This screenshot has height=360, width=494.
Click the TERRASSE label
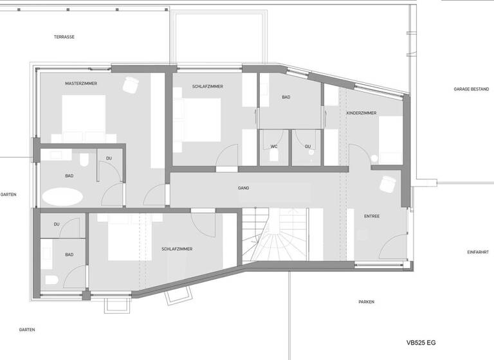(64, 37)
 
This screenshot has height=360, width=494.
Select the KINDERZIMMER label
(361, 113)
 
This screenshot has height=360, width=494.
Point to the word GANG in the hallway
(243, 188)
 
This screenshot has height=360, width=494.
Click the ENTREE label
(372, 216)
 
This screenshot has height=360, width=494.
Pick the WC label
(274, 147)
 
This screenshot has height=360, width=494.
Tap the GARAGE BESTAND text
(471, 90)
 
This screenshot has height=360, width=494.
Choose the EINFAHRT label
(478, 252)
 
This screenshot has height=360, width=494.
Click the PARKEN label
(366, 301)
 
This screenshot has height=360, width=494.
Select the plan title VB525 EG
(421, 343)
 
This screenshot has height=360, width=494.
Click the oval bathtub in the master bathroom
(63, 197)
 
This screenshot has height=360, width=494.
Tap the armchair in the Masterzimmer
(132, 84)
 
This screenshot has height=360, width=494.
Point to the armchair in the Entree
(388, 184)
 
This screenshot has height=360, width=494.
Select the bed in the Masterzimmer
(84, 117)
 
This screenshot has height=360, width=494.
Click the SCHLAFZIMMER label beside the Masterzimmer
(208, 86)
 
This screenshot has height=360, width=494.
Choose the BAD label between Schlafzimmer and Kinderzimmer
(286, 97)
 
